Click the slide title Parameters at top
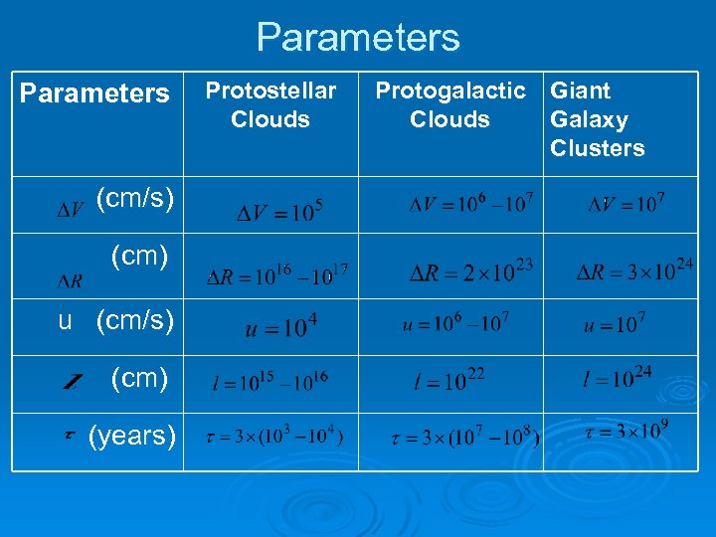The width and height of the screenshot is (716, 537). (x=358, y=38)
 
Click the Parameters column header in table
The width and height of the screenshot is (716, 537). (x=94, y=93)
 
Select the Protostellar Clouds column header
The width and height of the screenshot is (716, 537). (x=270, y=104)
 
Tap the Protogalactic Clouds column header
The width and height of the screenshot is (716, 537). (x=449, y=104)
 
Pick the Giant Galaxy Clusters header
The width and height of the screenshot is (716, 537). (x=597, y=119)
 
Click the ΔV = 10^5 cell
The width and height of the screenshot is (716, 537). (x=279, y=211)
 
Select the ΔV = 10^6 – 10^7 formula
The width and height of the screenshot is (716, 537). (x=471, y=204)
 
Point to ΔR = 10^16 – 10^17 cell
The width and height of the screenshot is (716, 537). (x=276, y=272)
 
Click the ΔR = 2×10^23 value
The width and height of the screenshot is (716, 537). (x=471, y=270)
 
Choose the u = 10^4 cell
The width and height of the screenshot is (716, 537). (x=281, y=327)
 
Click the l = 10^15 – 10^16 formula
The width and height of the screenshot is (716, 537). (x=269, y=380)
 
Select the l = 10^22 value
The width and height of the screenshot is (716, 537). (x=450, y=379)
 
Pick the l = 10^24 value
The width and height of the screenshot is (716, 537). (x=617, y=378)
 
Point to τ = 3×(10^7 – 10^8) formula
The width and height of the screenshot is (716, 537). (x=465, y=437)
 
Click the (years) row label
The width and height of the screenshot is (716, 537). (x=132, y=436)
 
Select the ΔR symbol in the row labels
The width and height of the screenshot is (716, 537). (x=71, y=281)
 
